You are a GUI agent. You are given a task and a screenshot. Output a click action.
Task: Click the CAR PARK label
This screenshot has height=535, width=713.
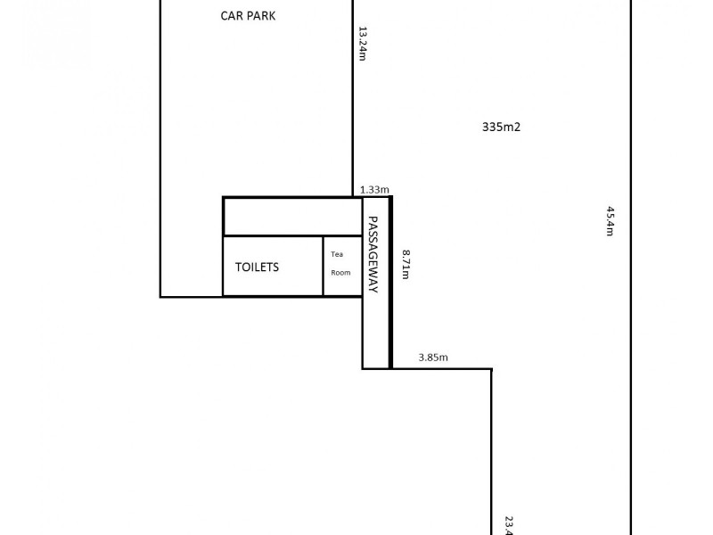[247, 15]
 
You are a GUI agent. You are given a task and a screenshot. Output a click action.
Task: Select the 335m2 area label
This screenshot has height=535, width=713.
[500, 127]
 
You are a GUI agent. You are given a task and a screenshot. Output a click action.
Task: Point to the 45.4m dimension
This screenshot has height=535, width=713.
[611, 220]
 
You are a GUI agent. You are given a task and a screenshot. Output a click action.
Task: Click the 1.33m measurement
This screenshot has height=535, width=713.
[374, 189]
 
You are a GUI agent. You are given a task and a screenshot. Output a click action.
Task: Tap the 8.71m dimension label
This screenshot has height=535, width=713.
[405, 265]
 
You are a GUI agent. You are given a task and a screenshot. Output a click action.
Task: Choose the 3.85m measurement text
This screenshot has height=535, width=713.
[433, 358]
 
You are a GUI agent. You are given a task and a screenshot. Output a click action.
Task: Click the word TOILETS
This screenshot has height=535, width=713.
[257, 267]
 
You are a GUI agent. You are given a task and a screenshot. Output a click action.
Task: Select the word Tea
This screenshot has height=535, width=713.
[337, 254]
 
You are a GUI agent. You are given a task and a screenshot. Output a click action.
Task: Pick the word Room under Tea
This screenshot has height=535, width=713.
[341, 273]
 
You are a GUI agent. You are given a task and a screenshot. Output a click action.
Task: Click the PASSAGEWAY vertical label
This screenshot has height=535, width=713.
[375, 255]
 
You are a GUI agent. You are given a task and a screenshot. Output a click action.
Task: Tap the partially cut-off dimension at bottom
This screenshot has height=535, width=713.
[508, 525]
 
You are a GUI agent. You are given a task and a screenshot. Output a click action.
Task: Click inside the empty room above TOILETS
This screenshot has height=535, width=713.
[291, 217]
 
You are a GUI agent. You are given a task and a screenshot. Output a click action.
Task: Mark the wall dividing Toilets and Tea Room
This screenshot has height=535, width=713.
[323, 266]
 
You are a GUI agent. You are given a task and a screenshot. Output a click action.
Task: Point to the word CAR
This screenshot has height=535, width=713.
[230, 15]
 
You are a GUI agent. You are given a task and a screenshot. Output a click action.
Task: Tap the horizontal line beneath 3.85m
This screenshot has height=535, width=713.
[441, 368]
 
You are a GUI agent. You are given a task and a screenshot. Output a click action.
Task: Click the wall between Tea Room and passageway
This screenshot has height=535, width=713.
[362, 266]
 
